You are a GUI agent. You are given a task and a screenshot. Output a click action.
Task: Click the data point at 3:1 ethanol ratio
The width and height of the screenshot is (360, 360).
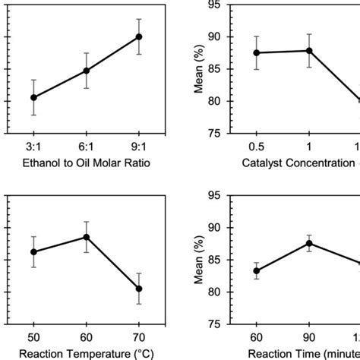33,97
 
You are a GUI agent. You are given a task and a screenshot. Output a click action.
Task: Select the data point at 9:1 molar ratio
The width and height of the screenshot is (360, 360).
138,36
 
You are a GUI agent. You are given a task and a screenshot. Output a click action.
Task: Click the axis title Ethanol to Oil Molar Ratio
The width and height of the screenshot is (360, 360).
86,162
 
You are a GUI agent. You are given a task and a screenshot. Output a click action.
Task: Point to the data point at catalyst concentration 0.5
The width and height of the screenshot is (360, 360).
257,52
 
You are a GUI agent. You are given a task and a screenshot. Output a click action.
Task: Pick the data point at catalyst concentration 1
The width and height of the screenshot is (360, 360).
308,51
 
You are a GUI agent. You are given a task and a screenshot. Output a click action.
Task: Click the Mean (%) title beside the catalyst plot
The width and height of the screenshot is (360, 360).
200,68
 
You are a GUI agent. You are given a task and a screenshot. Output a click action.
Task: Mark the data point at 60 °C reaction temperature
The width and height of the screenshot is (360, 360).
86,237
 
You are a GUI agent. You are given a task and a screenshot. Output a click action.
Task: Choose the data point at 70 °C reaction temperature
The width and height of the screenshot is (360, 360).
138,289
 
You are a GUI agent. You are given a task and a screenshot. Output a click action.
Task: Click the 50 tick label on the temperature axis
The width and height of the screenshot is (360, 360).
33,336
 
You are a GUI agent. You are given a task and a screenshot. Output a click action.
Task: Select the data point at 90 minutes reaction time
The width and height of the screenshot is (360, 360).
308,243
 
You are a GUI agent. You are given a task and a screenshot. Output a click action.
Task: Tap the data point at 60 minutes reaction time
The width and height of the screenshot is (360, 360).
257,270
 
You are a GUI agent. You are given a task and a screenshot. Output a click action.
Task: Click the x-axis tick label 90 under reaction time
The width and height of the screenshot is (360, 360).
308,336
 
